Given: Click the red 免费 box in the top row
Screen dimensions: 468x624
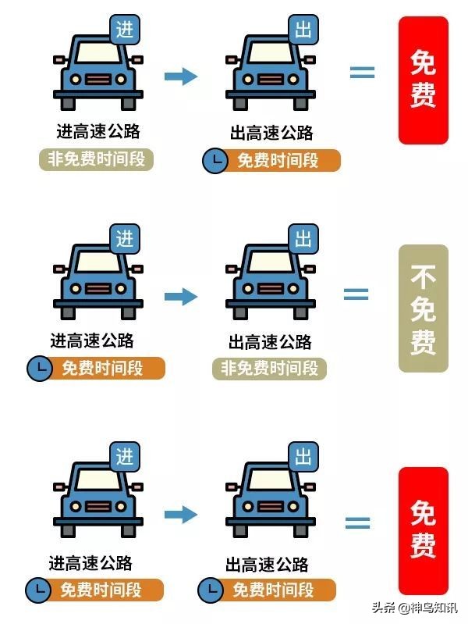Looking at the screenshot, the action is (x=423, y=80).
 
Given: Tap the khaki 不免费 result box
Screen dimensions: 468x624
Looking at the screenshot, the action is (x=423, y=308).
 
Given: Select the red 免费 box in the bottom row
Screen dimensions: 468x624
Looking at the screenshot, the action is (x=423, y=531).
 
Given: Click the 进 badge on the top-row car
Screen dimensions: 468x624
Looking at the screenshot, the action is (x=125, y=30).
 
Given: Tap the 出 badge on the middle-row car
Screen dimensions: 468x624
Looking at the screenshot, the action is (x=303, y=239).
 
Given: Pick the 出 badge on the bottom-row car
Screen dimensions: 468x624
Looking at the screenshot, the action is (x=303, y=456).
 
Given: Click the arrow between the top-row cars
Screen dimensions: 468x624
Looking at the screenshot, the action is (x=181, y=76).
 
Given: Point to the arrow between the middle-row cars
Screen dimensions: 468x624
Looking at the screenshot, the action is (x=181, y=297).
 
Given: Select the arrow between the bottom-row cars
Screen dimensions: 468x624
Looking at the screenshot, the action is (x=181, y=514).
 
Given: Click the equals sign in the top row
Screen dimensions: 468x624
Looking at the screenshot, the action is (x=362, y=72).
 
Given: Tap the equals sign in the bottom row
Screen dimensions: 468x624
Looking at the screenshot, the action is (x=357, y=522).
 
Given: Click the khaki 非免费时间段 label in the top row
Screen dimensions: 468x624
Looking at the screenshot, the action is (x=96, y=159).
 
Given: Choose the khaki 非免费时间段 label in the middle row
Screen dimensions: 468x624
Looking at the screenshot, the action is (x=269, y=369).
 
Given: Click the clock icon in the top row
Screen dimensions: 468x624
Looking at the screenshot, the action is (x=215, y=161).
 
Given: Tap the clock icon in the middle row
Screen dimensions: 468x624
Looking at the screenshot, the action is (x=39, y=369).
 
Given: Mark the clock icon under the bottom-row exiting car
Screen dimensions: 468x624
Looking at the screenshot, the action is (x=211, y=590).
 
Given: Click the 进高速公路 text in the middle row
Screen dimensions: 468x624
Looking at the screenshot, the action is (x=92, y=341).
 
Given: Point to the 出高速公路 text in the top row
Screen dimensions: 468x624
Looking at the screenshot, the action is (x=271, y=133).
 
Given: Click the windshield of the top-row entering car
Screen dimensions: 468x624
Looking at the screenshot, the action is (x=98, y=52).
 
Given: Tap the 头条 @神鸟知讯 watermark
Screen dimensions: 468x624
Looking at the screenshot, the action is (x=415, y=608).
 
